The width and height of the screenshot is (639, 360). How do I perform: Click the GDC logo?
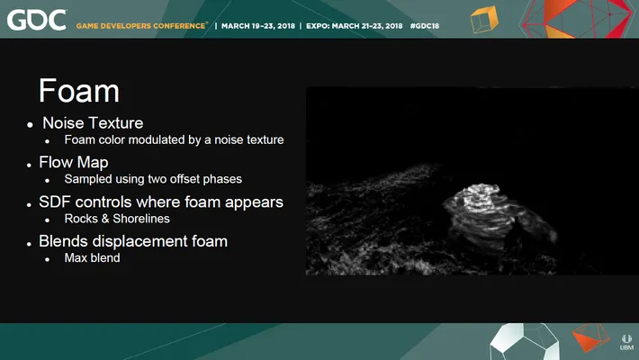click(x=37, y=20)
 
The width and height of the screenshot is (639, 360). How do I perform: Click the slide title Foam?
click(x=79, y=91)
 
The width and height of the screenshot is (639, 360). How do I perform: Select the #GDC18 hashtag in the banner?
click(x=425, y=26)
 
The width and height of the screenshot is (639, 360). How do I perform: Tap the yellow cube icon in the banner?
click(x=484, y=19)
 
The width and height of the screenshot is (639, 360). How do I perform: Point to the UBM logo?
click(x=626, y=343)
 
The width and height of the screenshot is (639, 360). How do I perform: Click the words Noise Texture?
click(x=93, y=123)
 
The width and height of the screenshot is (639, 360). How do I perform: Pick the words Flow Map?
click(x=74, y=162)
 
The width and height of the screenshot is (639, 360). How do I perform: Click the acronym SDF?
click(x=55, y=202)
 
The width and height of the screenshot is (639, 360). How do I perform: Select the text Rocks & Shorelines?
click(x=117, y=219)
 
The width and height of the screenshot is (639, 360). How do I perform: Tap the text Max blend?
click(x=92, y=257)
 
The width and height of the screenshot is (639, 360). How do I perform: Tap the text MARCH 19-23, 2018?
click(x=258, y=26)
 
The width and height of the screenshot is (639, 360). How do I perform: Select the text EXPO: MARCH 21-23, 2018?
click(x=354, y=26)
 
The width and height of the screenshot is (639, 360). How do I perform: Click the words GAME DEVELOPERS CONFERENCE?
click(x=141, y=26)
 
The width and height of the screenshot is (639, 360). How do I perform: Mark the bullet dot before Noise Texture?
click(x=30, y=125)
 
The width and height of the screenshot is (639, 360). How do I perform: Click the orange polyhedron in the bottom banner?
click(x=590, y=337)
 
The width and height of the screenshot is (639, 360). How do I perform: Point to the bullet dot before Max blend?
click(x=48, y=259)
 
